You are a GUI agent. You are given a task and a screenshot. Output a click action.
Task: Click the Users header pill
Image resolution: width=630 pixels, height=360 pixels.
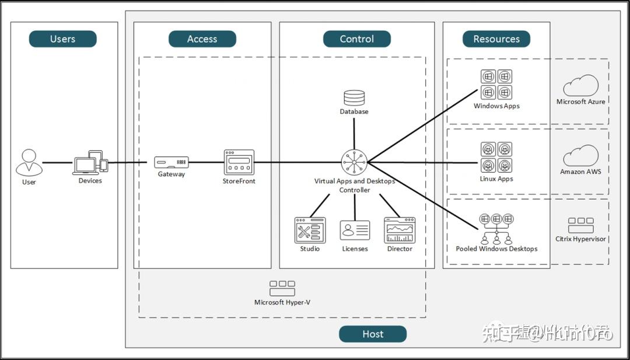[62, 39]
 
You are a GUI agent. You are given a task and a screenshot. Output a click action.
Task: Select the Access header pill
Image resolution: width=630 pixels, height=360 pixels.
[202, 39]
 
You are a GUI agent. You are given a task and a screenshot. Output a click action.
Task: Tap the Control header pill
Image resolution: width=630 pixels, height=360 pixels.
[356, 39]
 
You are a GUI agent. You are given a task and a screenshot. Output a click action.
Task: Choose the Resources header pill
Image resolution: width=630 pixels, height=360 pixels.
[496, 39]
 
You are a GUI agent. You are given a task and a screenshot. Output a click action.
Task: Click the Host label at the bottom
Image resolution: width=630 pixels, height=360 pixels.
[372, 334]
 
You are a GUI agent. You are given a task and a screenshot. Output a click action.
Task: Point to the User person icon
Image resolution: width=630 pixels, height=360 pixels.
[29, 163]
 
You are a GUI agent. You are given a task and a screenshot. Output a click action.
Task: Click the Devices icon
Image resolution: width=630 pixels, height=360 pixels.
[90, 163]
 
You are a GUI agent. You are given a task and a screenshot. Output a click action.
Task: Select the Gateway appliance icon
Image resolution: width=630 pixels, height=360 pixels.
[171, 162]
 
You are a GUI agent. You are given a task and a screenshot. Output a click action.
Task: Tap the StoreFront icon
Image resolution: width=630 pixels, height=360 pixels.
[239, 162]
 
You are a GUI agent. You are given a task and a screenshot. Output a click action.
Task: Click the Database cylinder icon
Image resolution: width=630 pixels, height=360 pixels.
[354, 97]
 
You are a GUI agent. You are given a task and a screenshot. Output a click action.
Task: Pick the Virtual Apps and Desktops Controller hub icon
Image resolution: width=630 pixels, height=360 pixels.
[355, 162]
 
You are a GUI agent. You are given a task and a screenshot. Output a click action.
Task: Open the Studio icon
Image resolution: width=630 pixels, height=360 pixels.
[310, 230]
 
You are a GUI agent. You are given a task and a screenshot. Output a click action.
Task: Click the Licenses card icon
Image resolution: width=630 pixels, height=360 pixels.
[355, 230]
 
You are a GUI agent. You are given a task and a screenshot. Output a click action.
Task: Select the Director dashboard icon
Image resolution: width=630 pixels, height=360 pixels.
[400, 230]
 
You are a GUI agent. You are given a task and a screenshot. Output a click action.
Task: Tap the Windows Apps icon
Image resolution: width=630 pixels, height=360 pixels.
[496, 85]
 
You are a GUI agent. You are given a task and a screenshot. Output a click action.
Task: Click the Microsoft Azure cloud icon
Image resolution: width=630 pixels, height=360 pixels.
[580, 86]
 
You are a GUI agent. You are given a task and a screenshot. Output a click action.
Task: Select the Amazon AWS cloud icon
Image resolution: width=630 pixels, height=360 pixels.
[580, 156]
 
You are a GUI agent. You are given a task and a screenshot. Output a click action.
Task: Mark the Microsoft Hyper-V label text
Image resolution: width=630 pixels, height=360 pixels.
[282, 302]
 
